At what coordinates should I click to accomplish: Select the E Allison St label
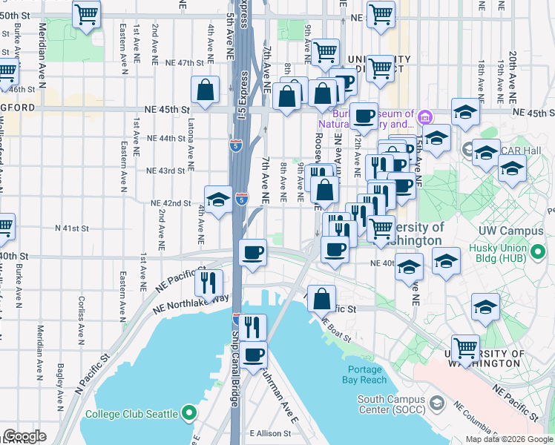272,432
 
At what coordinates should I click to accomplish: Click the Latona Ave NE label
191,144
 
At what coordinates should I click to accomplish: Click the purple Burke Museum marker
424,116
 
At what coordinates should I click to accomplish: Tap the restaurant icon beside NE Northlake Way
208,282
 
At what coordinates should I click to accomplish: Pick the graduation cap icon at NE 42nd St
218,200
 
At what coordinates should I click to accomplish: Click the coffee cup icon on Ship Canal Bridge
253,355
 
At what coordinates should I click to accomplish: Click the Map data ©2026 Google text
508,439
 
